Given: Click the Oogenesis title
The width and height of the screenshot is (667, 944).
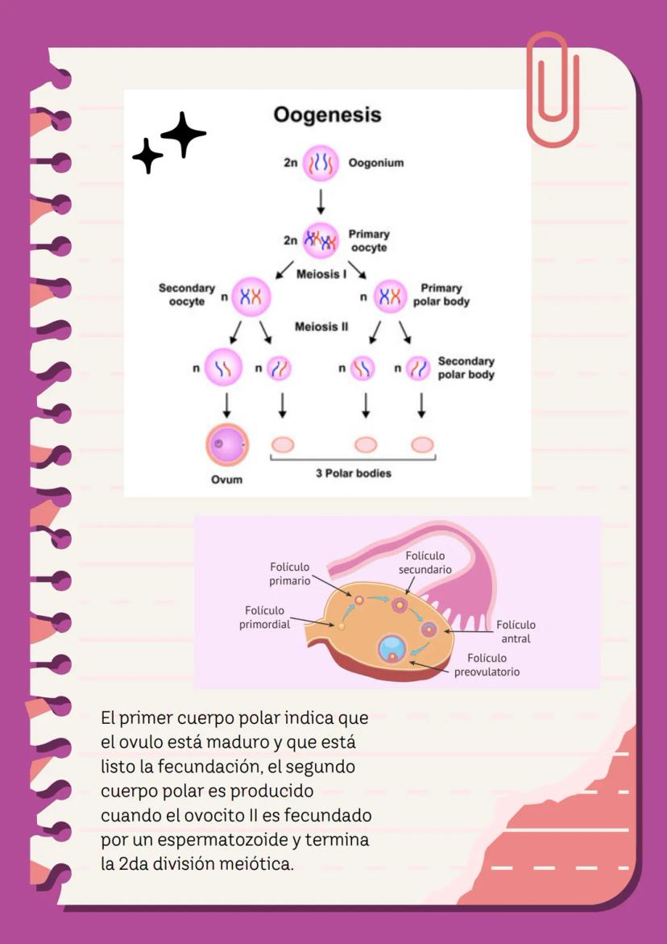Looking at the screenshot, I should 326,114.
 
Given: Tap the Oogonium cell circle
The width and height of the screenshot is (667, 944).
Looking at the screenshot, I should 321,163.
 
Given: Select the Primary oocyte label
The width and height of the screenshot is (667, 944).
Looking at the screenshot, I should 369,241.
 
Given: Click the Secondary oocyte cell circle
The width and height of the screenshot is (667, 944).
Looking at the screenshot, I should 251,297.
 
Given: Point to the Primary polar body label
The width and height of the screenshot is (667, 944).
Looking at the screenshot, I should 445,295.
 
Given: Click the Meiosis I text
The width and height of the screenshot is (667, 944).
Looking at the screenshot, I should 322,274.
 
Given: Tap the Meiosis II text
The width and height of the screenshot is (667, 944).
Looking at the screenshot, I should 321,326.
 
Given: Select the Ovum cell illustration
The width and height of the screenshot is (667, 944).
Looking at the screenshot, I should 226,444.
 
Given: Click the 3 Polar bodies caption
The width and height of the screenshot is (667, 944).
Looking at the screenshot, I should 353,473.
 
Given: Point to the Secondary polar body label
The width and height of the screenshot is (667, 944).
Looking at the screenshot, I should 466,368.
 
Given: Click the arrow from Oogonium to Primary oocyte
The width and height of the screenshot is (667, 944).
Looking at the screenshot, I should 321,201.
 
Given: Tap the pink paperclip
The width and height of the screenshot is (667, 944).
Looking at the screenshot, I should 552,89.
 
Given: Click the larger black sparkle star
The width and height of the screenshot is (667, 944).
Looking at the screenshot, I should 184,134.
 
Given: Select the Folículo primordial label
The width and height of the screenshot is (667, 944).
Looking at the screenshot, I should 264,618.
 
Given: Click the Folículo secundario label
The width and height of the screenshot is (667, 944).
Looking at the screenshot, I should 425,563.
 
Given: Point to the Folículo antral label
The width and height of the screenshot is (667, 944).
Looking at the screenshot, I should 516,631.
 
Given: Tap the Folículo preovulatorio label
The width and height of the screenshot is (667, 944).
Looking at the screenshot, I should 487,665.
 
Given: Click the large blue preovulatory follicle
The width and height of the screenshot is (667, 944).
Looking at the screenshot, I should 392,647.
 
